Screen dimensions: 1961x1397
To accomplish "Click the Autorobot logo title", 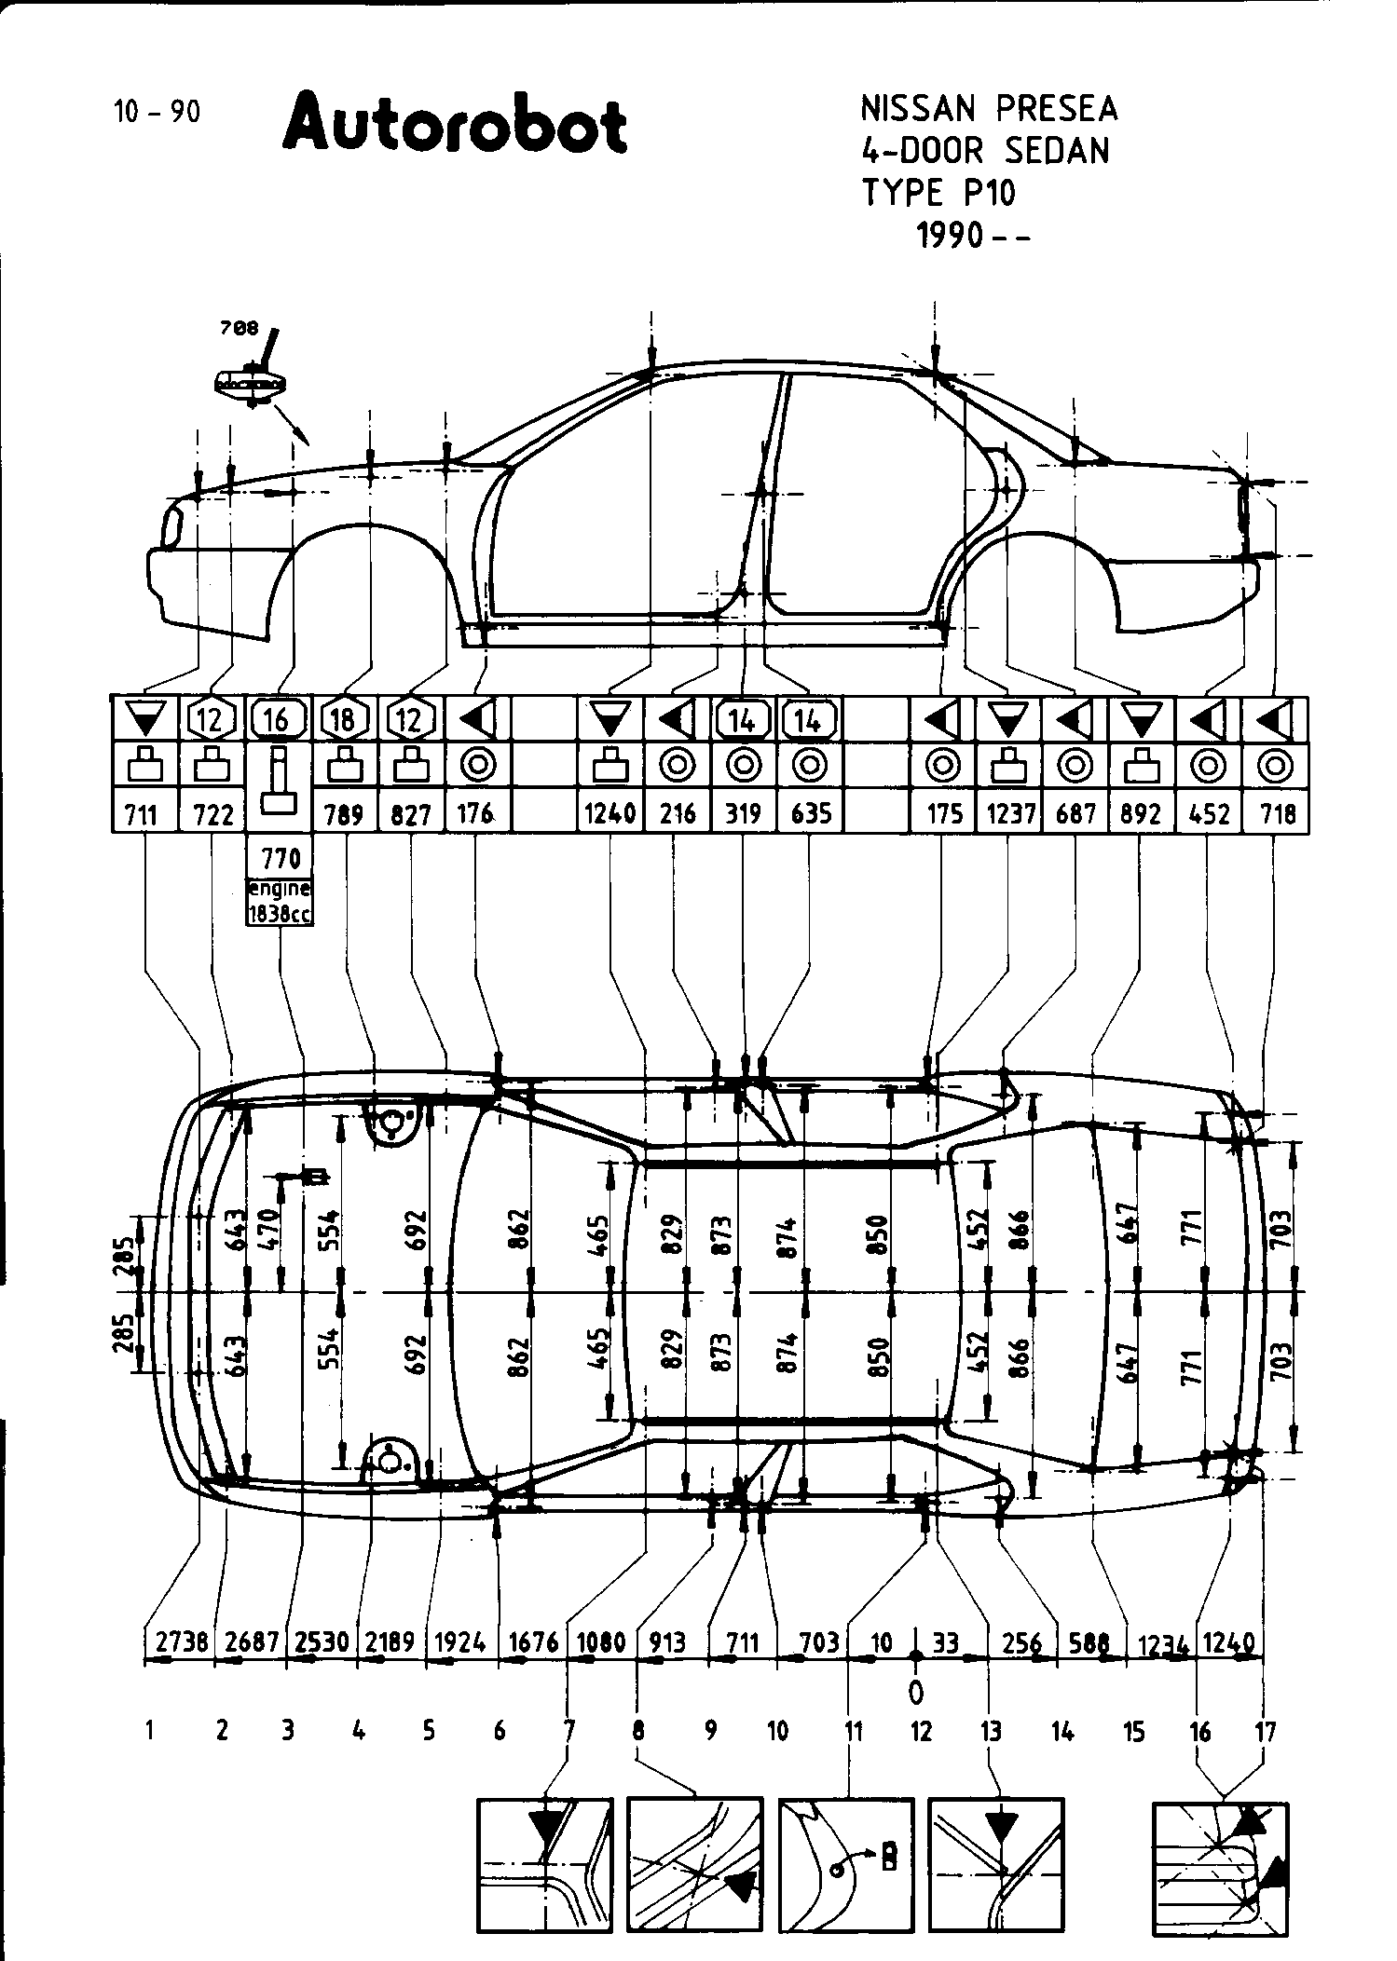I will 455,124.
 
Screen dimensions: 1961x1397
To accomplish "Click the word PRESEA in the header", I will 1056,110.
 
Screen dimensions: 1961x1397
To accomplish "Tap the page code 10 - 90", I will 157,112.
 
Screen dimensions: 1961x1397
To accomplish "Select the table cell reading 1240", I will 609,814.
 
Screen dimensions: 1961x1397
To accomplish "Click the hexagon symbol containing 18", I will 344,719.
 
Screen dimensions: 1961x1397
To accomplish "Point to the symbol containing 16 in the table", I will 277,719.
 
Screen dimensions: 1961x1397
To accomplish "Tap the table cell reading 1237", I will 1010,814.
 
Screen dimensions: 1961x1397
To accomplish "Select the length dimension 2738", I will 181,1642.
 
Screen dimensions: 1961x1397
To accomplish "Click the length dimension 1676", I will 534,1642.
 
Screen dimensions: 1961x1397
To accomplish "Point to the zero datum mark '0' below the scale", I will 916,1690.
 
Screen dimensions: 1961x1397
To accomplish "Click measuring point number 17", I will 1265,1732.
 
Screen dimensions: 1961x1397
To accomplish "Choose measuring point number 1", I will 149,1731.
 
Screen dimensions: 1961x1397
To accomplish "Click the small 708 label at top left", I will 239,329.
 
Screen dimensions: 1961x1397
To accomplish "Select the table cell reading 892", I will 1141,814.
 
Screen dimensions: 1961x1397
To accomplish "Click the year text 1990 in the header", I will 950,237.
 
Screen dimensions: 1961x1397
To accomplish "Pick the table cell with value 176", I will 475,814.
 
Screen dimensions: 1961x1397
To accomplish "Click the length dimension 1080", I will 601,1642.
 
